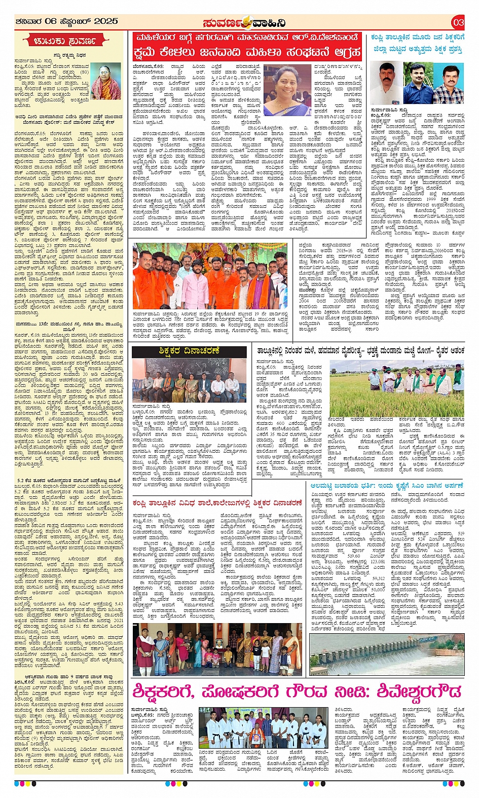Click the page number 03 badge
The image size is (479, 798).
[458, 22]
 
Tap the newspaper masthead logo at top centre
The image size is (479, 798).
[244, 23]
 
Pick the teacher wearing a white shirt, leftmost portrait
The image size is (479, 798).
[386, 84]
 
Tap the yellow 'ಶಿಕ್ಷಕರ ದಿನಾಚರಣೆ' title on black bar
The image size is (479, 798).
[188, 351]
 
